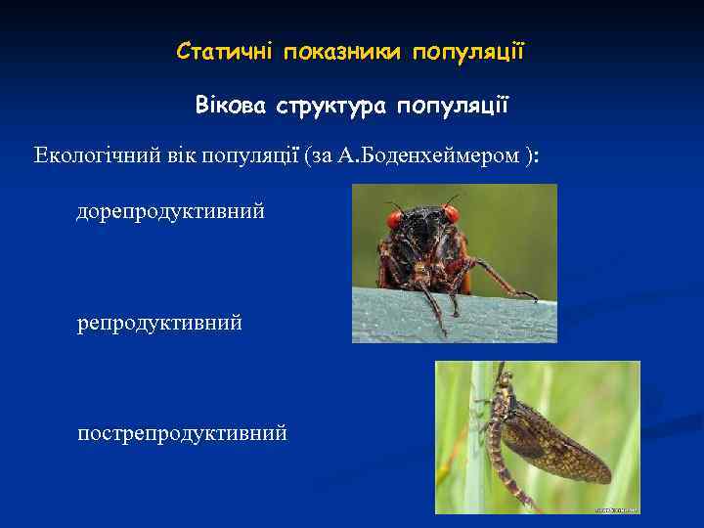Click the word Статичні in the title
[x=225, y=50]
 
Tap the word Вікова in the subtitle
[x=230, y=105]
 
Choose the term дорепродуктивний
[x=170, y=211]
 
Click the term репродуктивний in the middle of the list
[x=159, y=322]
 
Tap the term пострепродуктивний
[x=182, y=432]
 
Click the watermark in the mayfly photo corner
[x=616, y=508]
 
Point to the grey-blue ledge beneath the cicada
[x=391, y=318]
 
